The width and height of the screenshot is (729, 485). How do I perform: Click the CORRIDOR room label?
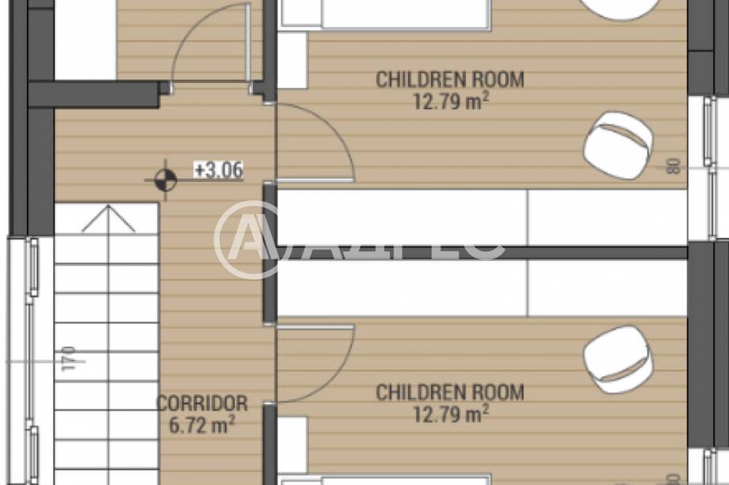pyautogui.click(x=202, y=403)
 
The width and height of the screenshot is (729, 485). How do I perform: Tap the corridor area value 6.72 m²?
pyautogui.click(x=201, y=425)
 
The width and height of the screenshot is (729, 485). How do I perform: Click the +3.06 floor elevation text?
pyautogui.click(x=219, y=170)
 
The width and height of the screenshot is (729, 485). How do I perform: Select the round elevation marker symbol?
pyautogui.click(x=166, y=181)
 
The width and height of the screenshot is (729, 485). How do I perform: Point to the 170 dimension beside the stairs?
pyautogui.click(x=69, y=358)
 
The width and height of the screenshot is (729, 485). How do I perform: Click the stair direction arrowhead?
pyautogui.click(x=109, y=218)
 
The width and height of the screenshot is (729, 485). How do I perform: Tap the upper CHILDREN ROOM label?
pyautogui.click(x=450, y=79)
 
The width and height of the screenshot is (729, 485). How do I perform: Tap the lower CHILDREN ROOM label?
pyautogui.click(x=450, y=393)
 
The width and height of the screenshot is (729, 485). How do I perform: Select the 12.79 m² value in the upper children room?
pyautogui.click(x=451, y=101)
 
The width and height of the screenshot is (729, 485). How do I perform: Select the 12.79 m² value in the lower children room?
pyautogui.click(x=451, y=414)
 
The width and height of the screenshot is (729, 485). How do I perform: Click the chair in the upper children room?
pyautogui.click(x=618, y=145)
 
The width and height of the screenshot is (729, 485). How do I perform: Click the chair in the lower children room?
pyautogui.click(x=618, y=360)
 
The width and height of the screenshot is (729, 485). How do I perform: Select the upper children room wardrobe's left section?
pyautogui.click(x=402, y=218)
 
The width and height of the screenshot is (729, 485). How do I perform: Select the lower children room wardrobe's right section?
pyautogui.click(x=608, y=288)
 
